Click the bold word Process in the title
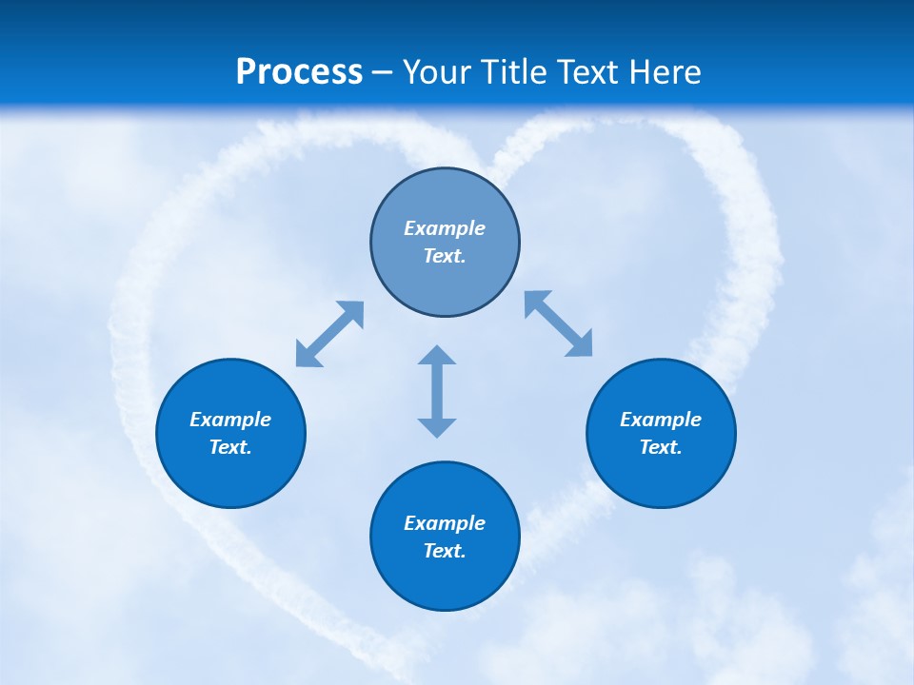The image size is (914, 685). [299, 72]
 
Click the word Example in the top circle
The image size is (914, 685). [445, 228]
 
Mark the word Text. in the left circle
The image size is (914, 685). [230, 447]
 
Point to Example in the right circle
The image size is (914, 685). [661, 420]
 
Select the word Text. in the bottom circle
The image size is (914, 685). [445, 551]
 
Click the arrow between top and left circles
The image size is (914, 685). [329, 334]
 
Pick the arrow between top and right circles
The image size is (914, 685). [559, 323]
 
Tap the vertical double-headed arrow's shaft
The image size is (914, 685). [437, 391]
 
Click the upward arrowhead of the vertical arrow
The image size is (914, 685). [437, 356]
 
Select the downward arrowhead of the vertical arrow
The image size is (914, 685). [437, 427]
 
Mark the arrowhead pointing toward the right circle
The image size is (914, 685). [580, 344]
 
